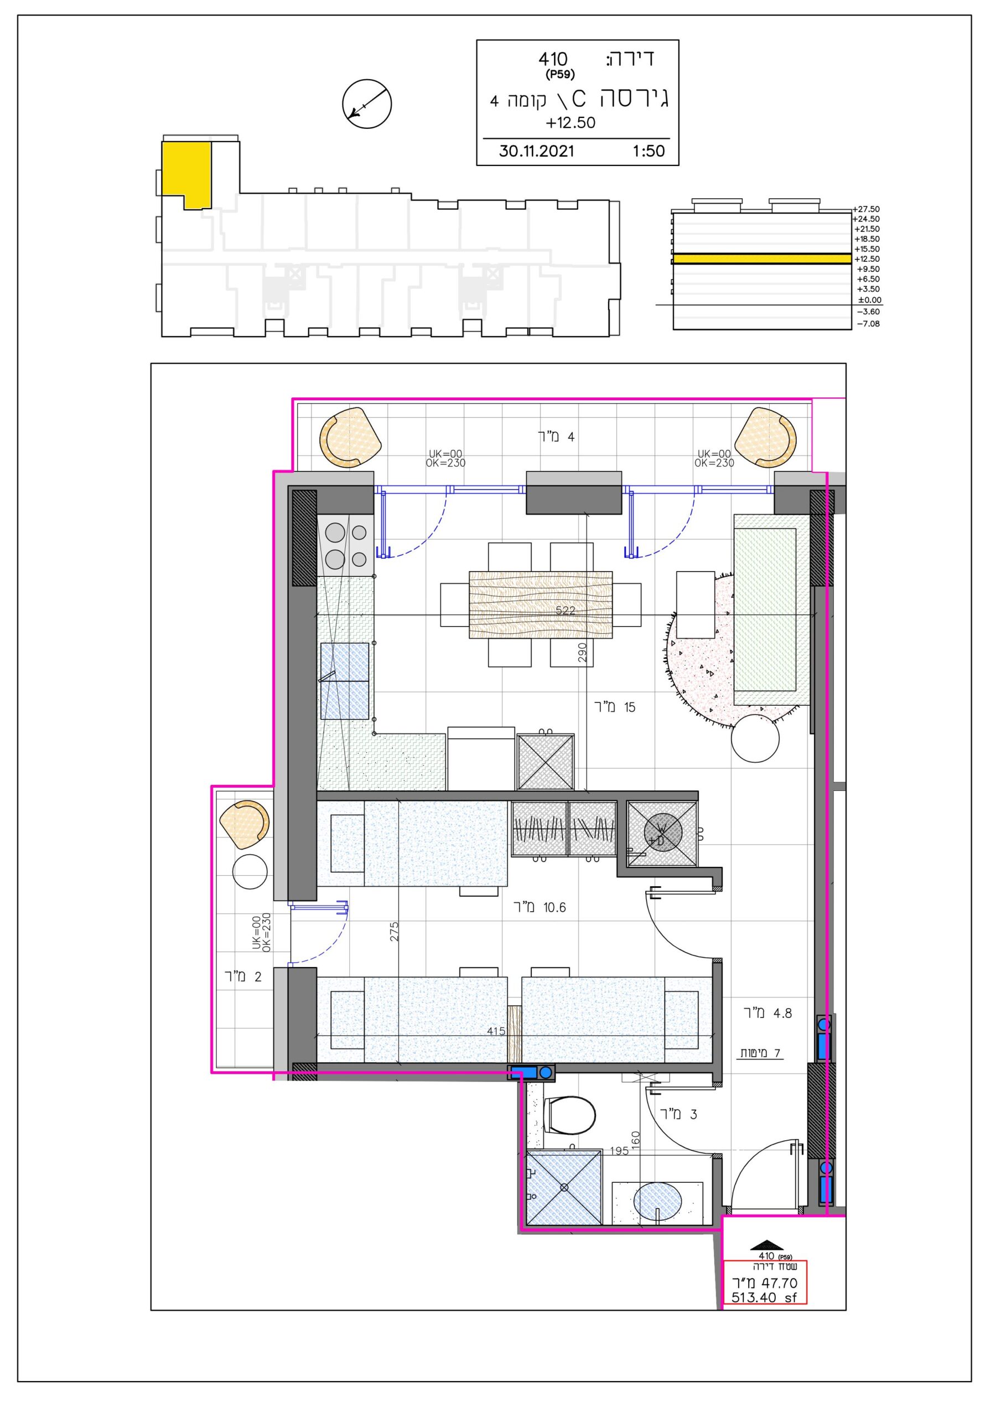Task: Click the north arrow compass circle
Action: pos(367,104)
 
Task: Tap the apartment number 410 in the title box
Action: pos(553,59)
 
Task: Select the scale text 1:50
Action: pos(649,151)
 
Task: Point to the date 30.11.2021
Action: pos(536,151)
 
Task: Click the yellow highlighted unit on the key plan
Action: pos(186,173)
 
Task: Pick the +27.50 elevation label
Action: pos(867,209)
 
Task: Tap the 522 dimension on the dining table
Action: pos(566,611)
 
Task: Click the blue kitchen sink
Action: pos(344,681)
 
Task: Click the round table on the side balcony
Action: pos(250,872)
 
